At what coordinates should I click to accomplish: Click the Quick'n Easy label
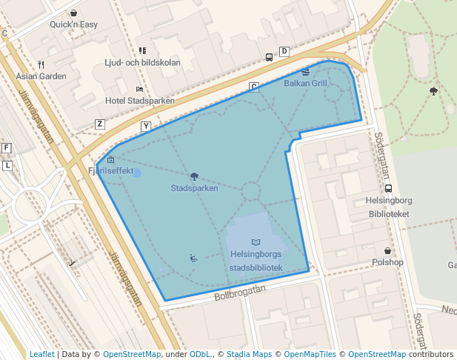click(x=74, y=24)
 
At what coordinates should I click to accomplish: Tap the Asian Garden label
click(x=41, y=76)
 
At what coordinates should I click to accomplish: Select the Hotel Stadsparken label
click(x=140, y=100)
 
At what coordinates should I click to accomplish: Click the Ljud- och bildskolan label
click(x=142, y=62)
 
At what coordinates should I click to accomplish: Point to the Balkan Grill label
click(x=305, y=83)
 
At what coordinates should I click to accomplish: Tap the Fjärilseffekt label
click(x=111, y=170)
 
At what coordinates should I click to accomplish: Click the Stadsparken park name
click(x=194, y=188)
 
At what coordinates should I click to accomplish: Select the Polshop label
click(x=387, y=262)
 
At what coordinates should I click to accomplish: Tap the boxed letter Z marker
click(x=100, y=124)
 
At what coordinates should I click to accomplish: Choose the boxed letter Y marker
click(x=146, y=126)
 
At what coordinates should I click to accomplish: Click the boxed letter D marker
click(x=284, y=52)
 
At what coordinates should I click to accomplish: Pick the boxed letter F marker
click(x=7, y=148)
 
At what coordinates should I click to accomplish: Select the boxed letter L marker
click(x=7, y=165)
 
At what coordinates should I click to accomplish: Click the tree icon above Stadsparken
click(x=194, y=176)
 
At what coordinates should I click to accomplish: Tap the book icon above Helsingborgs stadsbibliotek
click(x=256, y=242)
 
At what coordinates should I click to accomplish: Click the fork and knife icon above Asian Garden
click(x=41, y=64)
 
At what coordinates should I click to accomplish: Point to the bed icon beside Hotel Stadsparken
click(x=139, y=89)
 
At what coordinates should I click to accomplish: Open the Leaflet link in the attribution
click(x=41, y=354)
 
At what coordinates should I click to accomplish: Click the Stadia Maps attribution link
click(x=249, y=354)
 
